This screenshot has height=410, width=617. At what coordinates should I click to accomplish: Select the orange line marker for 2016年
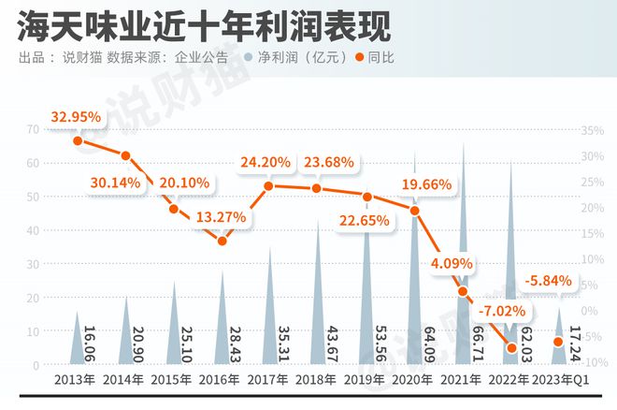222,241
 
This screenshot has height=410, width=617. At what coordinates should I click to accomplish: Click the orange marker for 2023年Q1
559,342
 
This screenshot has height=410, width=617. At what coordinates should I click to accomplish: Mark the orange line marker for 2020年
415,210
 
